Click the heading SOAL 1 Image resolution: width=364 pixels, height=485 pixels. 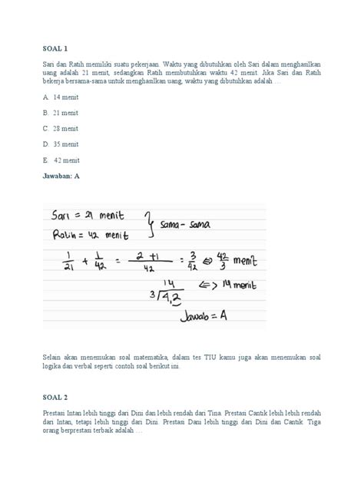coord(56,48)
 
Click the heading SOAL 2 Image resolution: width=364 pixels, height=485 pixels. coord(56,397)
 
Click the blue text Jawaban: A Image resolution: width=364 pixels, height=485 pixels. coord(61,176)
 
